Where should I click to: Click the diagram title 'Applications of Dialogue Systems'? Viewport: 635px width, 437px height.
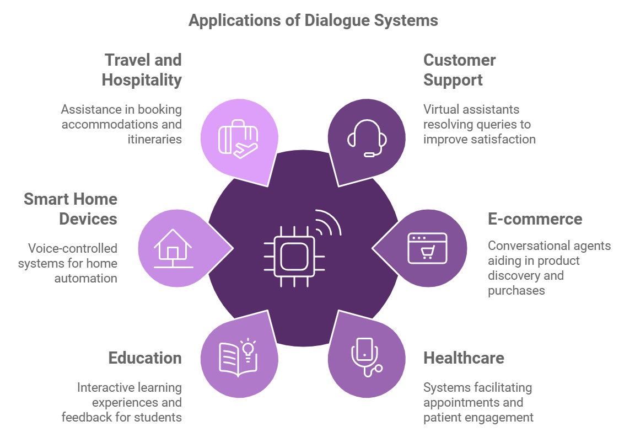tap(313, 20)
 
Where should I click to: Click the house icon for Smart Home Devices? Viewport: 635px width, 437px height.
tap(173, 248)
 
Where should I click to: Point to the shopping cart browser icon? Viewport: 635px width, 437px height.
tap(427, 248)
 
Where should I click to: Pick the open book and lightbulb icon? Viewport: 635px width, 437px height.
tap(239, 357)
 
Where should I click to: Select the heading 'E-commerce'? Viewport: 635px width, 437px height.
tap(535, 219)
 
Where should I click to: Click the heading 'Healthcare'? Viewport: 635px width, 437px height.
tap(464, 358)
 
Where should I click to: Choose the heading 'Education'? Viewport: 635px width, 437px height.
tap(145, 358)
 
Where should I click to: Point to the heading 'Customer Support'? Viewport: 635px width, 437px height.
tap(459, 70)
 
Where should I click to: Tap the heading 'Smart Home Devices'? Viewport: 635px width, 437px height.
tap(71, 209)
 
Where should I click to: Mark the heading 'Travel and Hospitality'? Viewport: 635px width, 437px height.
tap(142, 70)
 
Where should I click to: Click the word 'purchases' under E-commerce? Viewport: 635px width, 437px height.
tap(516, 290)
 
